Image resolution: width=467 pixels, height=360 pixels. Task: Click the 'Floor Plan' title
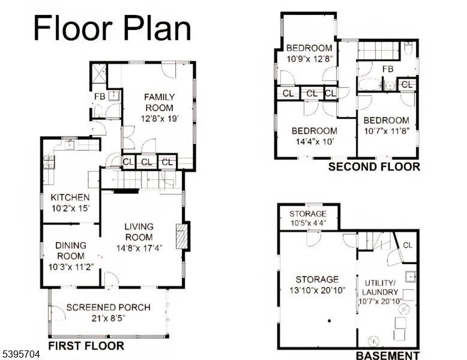click(x=112, y=28)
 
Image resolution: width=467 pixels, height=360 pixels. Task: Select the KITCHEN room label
click(x=70, y=197)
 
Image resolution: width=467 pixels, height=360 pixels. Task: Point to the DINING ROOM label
click(x=71, y=250)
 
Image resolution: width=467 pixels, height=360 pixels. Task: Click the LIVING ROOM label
click(x=139, y=232)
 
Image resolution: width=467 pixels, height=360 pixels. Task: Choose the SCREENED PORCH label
click(x=108, y=308)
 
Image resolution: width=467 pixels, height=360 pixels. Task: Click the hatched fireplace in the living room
click(x=182, y=236)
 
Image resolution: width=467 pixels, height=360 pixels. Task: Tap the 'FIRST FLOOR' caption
click(x=86, y=346)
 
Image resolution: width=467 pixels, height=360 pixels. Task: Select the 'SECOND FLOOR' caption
click(x=374, y=167)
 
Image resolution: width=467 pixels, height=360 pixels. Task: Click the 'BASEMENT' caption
click(x=387, y=355)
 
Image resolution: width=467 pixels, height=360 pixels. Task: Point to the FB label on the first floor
click(x=98, y=96)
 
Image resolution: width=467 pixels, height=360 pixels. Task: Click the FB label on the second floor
click(x=388, y=69)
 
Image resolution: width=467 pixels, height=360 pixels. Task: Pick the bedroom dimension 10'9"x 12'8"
click(x=309, y=59)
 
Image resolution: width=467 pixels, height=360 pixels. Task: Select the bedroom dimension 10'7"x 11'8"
click(x=387, y=131)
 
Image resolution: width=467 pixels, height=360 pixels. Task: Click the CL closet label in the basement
click(x=407, y=245)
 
